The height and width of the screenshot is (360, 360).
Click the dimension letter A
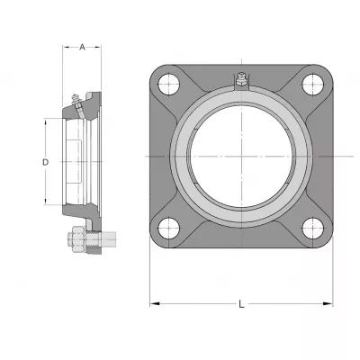(x=82, y=47)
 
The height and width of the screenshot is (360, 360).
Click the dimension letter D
(x=45, y=162)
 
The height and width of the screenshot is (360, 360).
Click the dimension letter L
(x=241, y=304)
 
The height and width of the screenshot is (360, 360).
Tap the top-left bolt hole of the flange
(x=169, y=85)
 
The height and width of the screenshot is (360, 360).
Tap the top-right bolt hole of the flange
(x=313, y=85)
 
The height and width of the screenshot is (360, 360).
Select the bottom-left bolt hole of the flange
(x=169, y=229)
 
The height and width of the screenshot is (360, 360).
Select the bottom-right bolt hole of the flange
(x=313, y=229)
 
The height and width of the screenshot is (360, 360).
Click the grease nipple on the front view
(x=241, y=79)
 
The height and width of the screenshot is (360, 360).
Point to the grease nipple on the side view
(x=76, y=101)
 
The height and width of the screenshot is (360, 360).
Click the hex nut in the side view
(x=77, y=239)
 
